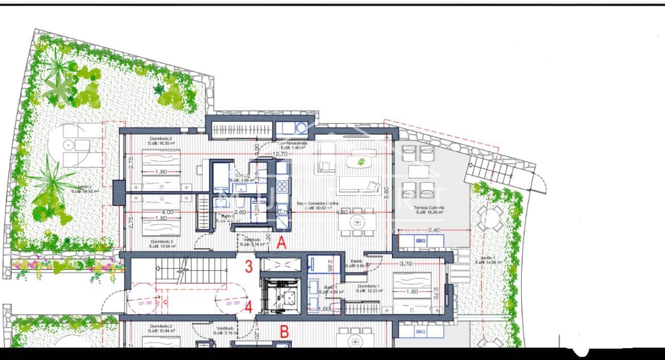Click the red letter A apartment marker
pos(281,243)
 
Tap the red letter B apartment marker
pos(283,332)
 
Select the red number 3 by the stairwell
pos(248,267)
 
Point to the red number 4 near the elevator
pos(248,308)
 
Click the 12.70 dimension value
pos(280,154)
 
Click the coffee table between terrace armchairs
pos(418,171)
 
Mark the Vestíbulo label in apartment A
pos(252,240)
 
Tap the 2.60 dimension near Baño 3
pos(240,212)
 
